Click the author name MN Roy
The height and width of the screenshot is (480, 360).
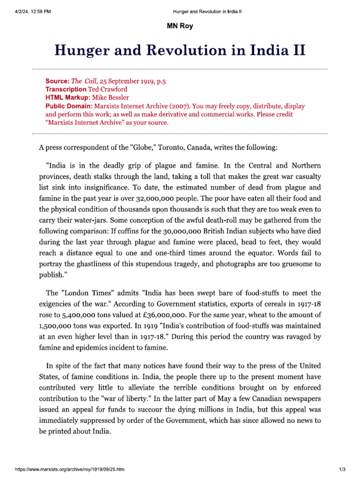(x=180, y=26)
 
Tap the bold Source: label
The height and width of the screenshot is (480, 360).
(x=57, y=81)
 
